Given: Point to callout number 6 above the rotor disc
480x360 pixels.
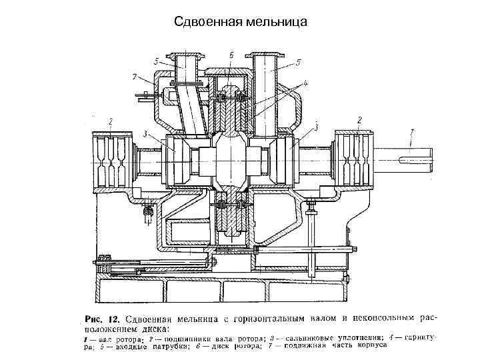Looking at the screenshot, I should pos(231,55).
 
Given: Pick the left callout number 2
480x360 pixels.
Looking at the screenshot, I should pos(110,120).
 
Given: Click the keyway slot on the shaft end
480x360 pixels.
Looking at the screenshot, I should pos(414,159).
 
